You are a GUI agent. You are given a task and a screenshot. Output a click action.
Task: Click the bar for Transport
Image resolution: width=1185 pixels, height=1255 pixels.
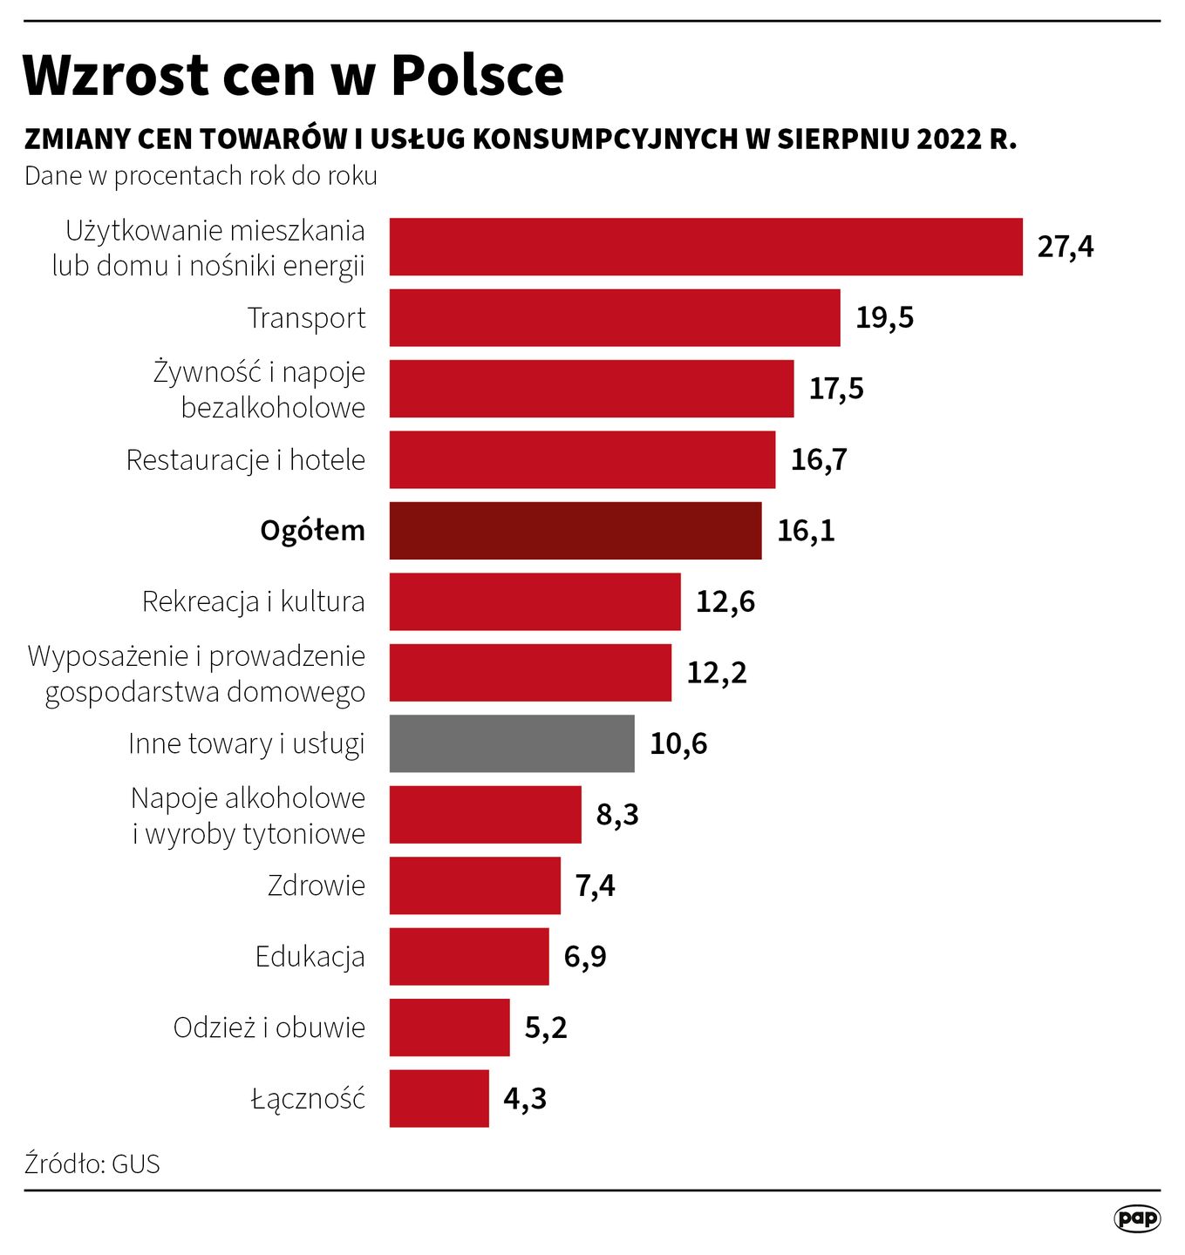point(614,318)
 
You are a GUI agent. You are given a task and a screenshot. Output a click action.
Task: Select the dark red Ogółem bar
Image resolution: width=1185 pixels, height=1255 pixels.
point(575,531)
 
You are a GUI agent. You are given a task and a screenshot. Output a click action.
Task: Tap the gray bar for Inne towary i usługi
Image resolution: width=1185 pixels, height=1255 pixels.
point(511,743)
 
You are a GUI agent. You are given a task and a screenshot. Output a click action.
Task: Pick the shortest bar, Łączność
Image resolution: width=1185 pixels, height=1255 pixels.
point(439,1098)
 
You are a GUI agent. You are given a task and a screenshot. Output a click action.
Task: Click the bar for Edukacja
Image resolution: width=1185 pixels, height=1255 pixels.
point(468,956)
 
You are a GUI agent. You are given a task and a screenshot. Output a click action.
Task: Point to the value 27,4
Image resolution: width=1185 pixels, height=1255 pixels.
point(1065,248)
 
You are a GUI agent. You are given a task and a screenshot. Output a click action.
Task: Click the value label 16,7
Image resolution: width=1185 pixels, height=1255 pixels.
point(818,459)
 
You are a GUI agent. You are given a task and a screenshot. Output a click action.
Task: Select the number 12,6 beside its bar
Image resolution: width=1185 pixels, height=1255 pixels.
point(725,601)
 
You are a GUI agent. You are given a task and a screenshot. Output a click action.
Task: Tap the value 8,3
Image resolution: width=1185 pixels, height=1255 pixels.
point(617,815)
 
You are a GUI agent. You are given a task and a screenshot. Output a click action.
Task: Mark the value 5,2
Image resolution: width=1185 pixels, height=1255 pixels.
point(545,1028)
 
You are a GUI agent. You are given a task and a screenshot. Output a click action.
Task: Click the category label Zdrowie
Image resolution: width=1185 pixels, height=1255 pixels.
point(316,885)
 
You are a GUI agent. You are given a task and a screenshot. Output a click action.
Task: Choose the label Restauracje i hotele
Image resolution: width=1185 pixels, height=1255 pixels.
point(245,460)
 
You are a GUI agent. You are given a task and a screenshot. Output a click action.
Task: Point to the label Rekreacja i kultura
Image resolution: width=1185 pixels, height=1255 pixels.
point(253,601)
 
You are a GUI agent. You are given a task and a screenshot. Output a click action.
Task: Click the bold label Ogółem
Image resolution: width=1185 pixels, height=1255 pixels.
point(312,531)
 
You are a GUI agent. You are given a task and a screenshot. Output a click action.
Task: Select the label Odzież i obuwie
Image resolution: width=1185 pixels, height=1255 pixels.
point(269,1028)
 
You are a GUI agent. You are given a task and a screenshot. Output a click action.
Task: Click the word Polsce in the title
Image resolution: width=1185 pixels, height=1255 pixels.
point(477,76)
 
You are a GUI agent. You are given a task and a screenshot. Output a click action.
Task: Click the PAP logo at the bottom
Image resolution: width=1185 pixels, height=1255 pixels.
point(1137,1218)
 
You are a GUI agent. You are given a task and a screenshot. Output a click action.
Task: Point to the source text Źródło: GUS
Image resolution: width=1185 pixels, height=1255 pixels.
point(92,1164)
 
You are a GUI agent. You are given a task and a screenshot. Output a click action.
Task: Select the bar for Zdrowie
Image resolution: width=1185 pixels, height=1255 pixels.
point(474,885)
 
